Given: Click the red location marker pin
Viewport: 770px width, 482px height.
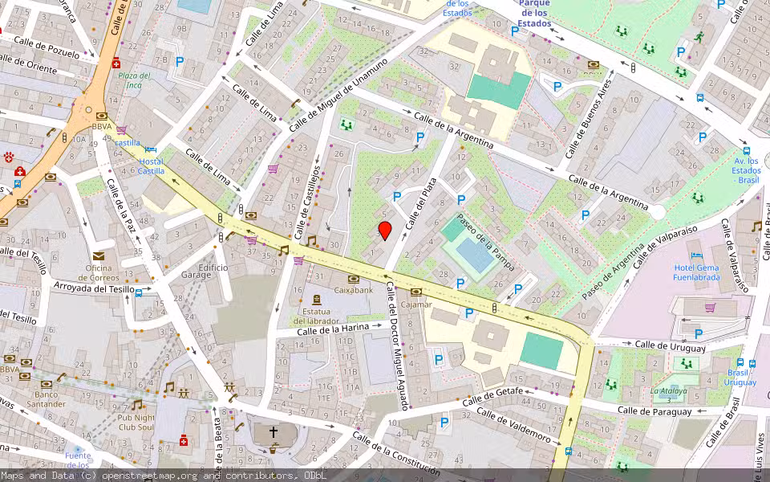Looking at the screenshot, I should pos(385,231).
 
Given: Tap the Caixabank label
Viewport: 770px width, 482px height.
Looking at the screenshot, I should pos(354,289).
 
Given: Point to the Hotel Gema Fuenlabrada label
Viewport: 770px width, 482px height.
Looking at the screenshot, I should pos(696,272).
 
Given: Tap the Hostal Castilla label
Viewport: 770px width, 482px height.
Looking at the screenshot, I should pos(150,166).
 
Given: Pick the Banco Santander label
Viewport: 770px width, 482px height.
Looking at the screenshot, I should pos(44,398).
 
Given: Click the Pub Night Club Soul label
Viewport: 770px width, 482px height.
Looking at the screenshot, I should pos(136,422).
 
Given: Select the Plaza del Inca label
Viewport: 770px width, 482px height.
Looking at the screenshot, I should pos(135,80).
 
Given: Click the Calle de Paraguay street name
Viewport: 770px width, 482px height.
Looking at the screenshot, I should pos(654,411).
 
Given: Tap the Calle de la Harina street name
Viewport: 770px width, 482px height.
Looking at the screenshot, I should pos(333,328).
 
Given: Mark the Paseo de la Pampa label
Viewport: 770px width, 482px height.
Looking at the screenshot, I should pos(485,242).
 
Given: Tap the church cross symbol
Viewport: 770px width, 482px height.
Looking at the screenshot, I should pos(273,432).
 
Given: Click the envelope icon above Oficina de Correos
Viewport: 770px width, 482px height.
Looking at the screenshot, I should pos(99,255).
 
